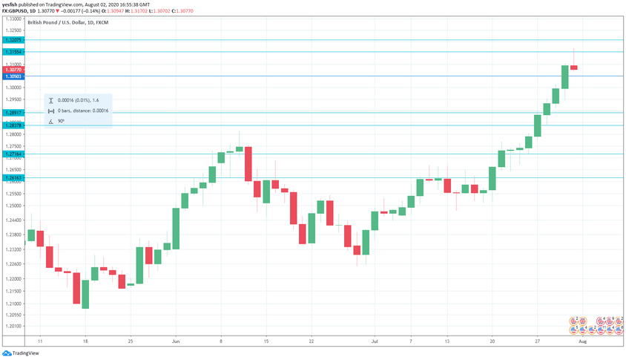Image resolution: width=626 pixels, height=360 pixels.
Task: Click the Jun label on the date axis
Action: pyautogui.click(x=175, y=341)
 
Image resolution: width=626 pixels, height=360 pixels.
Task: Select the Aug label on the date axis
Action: pyautogui.click(x=583, y=341)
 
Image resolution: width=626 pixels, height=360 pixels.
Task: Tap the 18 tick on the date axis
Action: pyautogui.click(x=85, y=341)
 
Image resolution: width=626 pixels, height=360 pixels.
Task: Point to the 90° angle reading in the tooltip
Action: pyautogui.click(x=61, y=121)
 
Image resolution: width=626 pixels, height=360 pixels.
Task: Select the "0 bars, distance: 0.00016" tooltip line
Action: pyautogui.click(x=83, y=111)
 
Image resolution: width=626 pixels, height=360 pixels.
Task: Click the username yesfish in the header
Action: pyautogui.click(x=10, y=4)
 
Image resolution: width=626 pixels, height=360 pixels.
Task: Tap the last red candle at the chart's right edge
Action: pyautogui.click(x=574, y=68)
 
